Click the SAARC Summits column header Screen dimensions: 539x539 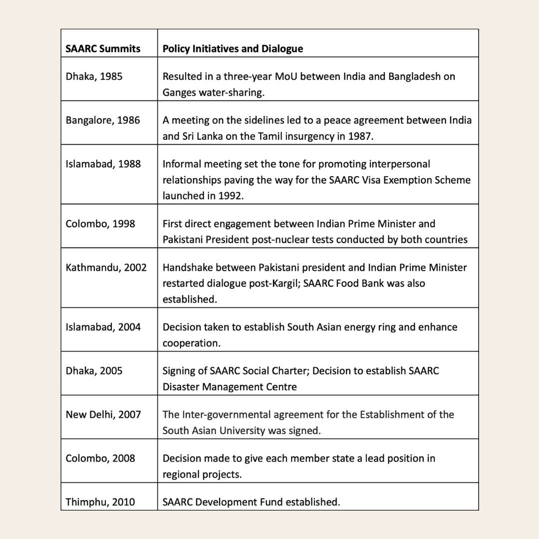click(103, 49)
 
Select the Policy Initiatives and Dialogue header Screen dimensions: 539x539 click(233, 49)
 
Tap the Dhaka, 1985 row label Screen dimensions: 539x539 click(94, 77)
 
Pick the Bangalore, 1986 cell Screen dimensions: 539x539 click(103, 120)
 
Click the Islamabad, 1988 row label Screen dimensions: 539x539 click(103, 164)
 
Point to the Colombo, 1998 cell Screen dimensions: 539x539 click(100, 224)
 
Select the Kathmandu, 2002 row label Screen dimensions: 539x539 click(106, 268)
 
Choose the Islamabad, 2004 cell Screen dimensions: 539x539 click(103, 327)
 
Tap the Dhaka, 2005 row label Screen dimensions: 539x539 click(94, 371)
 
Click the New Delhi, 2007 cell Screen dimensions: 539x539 click(103, 415)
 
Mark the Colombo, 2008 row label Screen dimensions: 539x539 click(100, 458)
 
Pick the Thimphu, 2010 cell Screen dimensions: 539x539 click(100, 502)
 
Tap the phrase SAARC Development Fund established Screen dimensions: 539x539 click(251, 502)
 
